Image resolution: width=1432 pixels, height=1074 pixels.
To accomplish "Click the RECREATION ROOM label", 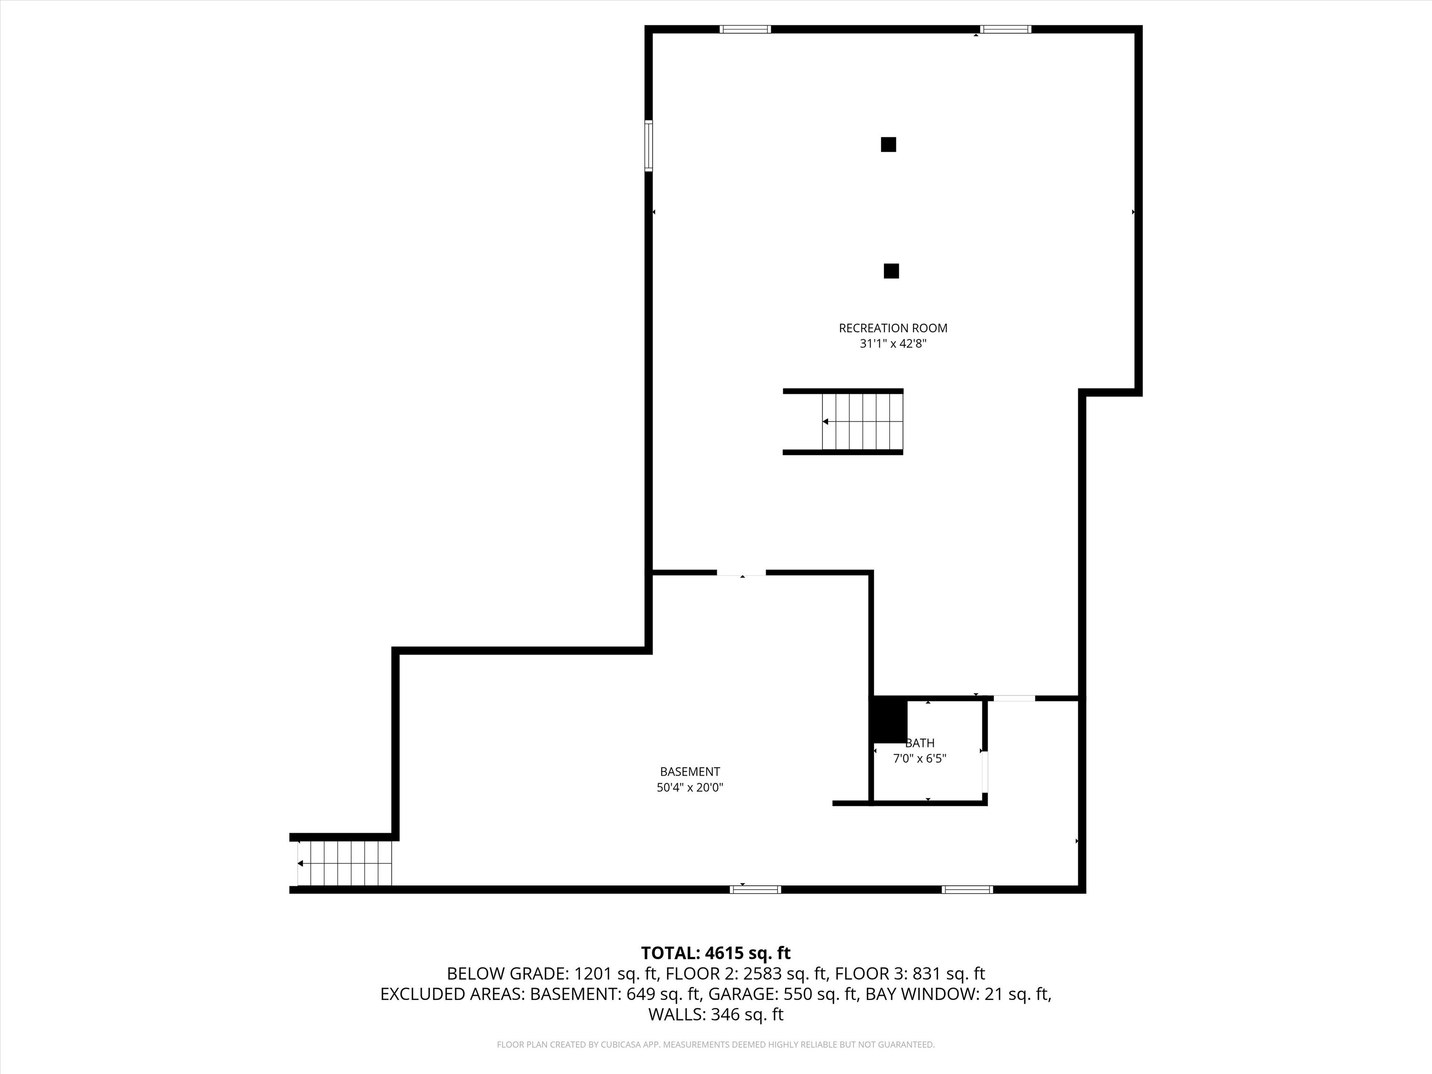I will [x=893, y=328].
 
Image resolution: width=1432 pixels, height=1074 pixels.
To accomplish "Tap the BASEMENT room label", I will [x=689, y=772].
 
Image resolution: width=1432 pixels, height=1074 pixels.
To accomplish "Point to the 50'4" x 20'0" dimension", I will [x=689, y=788].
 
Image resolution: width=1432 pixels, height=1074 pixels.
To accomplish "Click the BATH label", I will [x=920, y=743].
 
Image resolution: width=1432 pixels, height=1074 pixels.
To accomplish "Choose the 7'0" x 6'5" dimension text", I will [x=919, y=759].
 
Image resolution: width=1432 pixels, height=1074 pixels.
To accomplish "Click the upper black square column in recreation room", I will [x=888, y=144].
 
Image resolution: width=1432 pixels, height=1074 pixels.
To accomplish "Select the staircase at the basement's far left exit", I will [x=345, y=863].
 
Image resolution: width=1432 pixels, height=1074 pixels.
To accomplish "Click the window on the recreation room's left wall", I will [x=648, y=146].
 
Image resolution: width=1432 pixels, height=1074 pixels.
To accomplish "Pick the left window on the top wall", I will [x=745, y=29].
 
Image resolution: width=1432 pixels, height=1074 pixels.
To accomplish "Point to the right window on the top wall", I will [x=1005, y=29].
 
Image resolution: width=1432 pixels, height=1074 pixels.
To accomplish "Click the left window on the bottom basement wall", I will [x=755, y=889].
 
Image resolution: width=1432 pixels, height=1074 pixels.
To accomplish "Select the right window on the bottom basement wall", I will [x=967, y=889].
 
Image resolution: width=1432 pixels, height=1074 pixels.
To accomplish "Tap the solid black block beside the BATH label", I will [x=889, y=720].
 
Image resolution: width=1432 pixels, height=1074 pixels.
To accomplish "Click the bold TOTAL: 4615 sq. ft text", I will [x=716, y=953].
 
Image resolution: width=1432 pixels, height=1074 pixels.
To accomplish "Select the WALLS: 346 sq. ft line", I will [x=716, y=1014].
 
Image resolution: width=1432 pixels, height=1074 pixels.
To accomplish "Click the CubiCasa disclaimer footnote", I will [x=716, y=1044].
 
